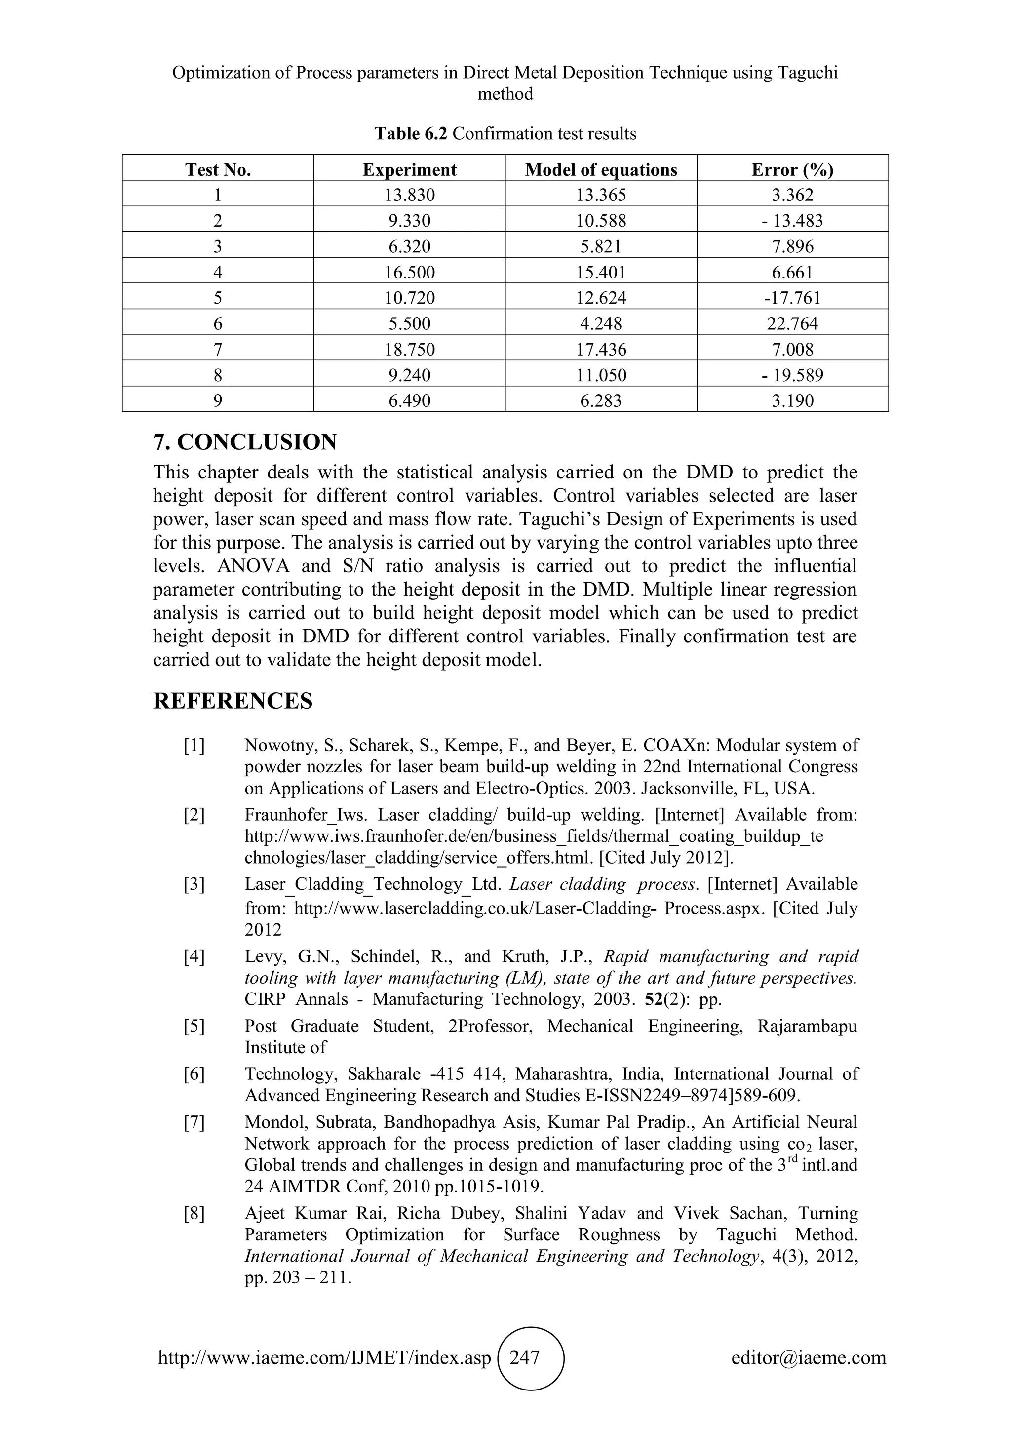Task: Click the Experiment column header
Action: [x=409, y=169]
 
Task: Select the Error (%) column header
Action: [x=792, y=169]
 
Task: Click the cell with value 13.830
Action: [x=409, y=195]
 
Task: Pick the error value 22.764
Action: [x=792, y=324]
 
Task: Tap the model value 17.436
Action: [x=601, y=350]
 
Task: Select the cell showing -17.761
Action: [x=792, y=298]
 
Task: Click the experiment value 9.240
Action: [x=409, y=375]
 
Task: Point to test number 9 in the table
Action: [x=217, y=400]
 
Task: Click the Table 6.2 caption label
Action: [x=411, y=134]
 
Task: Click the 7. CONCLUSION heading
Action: [x=245, y=442]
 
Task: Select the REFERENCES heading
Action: [x=233, y=701]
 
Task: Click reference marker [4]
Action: [x=194, y=956]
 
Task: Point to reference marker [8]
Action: [x=194, y=1214]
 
